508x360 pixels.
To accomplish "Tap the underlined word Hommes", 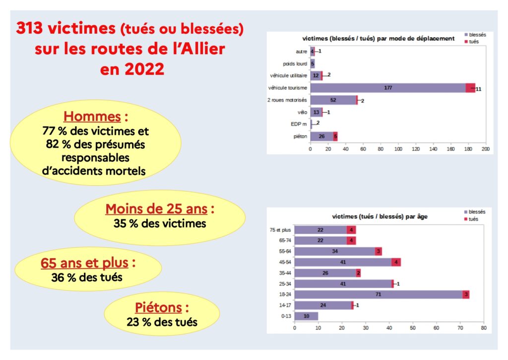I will coord(92,117).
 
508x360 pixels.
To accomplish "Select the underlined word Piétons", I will coord(158,308).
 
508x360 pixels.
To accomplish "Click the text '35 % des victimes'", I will coord(160,223).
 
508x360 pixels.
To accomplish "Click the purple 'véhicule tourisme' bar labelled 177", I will coord(388,88).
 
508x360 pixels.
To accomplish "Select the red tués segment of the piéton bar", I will coord(335,136).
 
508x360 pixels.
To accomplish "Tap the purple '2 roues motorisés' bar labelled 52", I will coord(333,100).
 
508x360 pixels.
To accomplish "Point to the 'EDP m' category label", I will coord(299,124).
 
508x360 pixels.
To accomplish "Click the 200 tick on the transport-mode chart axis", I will coord(486,148).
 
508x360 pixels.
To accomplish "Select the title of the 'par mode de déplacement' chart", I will coord(379,39).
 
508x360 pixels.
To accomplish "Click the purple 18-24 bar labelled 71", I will coord(378,294).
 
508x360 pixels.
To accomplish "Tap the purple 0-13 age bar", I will coord(306,316).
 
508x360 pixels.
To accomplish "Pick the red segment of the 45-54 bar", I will coord(396,262).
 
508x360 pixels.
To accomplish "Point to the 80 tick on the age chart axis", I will coord(484,328).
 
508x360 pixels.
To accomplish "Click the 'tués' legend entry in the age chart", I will coord(473,219).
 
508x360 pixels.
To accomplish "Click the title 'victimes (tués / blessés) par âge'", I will coord(380,216).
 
